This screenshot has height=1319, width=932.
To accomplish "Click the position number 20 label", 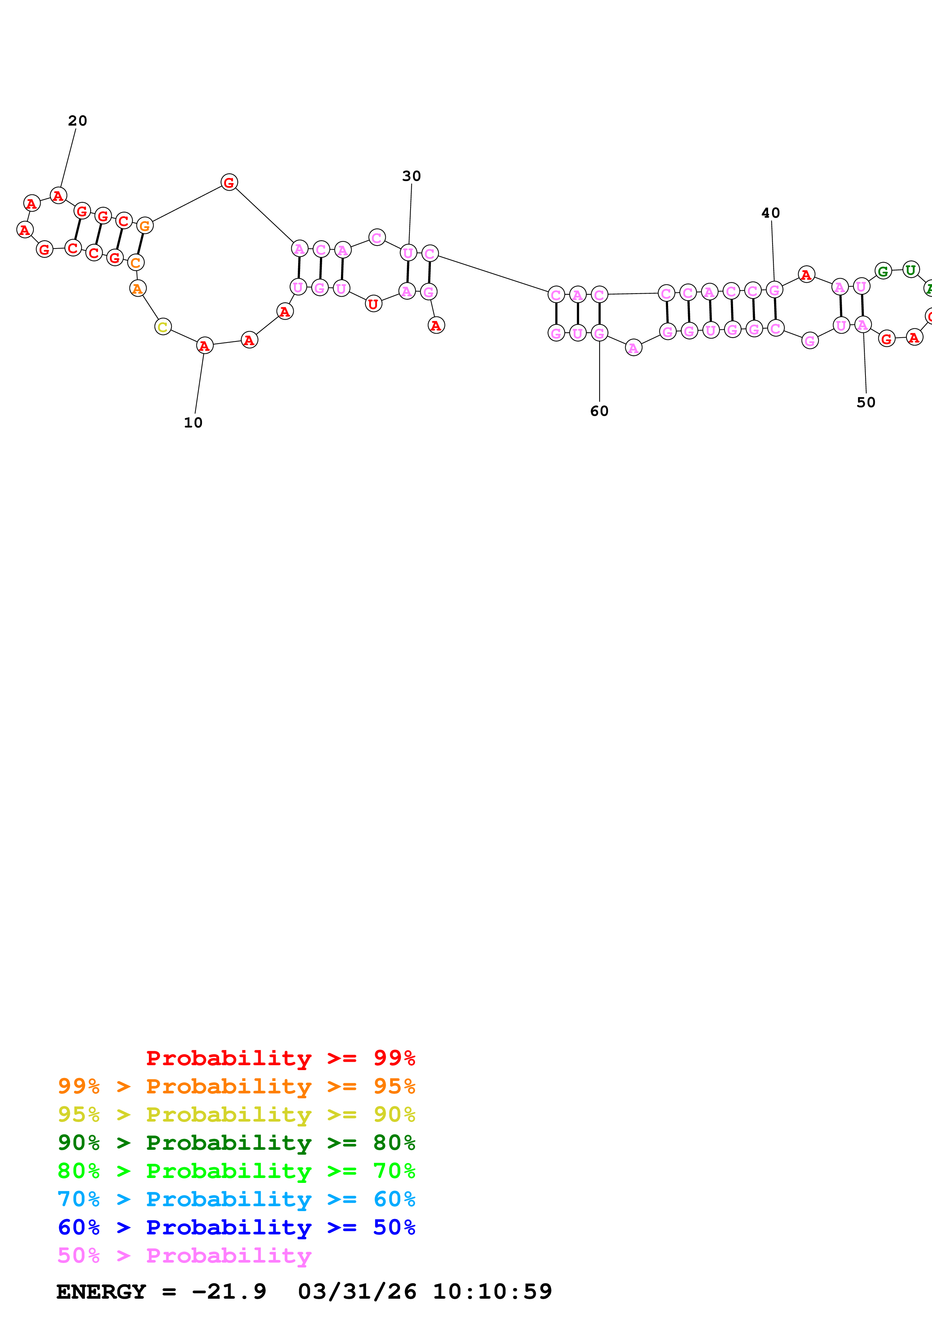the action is pos(77,121).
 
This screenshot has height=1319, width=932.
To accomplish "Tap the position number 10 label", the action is pos(193,423).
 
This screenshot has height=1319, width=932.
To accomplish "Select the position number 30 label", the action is pos(411,176).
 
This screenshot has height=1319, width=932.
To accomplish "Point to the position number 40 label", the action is pos(771,213).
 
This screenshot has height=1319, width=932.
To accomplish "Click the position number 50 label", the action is pos(866,403).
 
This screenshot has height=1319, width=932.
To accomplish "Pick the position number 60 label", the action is pos(599,411).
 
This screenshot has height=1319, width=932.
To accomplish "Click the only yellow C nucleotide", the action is pos(163,327).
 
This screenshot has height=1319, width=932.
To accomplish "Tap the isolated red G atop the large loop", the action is pos(229,183).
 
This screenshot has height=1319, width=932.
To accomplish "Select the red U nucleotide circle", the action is pos(373,304).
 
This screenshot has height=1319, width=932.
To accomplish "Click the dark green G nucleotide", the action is pos(883,271).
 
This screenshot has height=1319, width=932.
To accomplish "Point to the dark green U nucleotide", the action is pos(911,270).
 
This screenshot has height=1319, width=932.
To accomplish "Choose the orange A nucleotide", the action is pos(137,288).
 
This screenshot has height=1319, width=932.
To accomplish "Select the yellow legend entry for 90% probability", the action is pos(236,1114).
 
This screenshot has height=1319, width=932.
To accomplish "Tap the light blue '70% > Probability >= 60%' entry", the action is pos(236,1199).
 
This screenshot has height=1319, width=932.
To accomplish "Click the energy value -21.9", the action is pos(229,1292).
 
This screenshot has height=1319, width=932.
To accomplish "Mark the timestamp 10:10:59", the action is pos(492,1292).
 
